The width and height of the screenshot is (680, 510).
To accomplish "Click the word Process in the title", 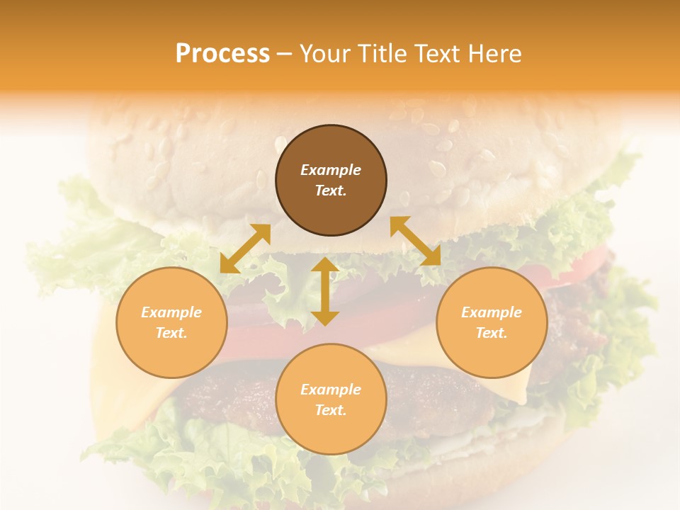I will [x=222, y=54].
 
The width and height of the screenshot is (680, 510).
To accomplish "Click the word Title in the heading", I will [x=382, y=54].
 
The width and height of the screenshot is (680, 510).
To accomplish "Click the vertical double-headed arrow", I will [x=325, y=291].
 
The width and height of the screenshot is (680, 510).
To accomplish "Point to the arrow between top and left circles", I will [x=245, y=249].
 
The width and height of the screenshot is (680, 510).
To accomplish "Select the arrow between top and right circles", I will [x=415, y=241].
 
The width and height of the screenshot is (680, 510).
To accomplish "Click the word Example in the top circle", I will [x=331, y=170].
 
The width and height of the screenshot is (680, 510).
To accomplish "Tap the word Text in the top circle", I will [x=331, y=191].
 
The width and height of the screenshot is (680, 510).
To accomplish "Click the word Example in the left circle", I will [x=171, y=312].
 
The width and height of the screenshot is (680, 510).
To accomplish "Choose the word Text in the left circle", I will [x=171, y=333].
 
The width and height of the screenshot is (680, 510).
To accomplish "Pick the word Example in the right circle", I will [x=492, y=312].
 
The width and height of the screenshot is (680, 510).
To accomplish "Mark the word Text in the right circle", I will [x=492, y=333].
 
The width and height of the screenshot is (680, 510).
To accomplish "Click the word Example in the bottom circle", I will [x=331, y=390].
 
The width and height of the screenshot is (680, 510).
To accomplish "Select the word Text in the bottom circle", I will [x=331, y=410].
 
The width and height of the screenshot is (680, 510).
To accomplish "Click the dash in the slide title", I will [x=285, y=55].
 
